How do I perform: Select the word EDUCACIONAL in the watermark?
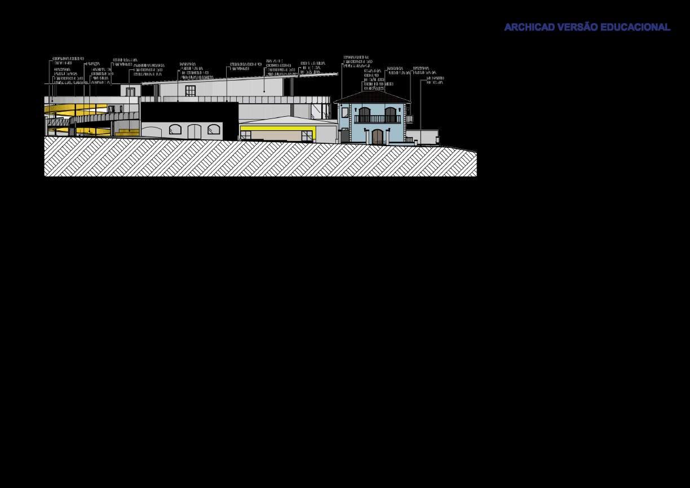click(x=635, y=27)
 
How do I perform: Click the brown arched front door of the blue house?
click(x=377, y=137)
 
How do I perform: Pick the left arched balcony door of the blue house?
click(x=365, y=115)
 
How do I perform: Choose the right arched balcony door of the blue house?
click(x=390, y=115)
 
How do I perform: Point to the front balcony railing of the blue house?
click(x=377, y=119)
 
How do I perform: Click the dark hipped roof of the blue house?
click(x=372, y=98)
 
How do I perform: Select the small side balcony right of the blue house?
click(x=410, y=119)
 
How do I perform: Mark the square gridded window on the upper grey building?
click(x=190, y=91)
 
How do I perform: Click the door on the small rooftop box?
click(x=130, y=92)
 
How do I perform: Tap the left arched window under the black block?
click(x=175, y=130)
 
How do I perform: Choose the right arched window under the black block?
click(x=213, y=131)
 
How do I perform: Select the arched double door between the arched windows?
click(x=194, y=131)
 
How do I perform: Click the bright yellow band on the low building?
click(x=276, y=128)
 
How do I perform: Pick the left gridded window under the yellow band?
click(x=246, y=135)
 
